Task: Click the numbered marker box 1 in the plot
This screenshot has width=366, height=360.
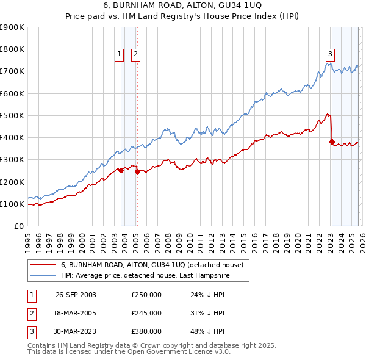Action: click(x=120, y=54)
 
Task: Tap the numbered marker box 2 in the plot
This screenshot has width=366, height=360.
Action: click(x=135, y=54)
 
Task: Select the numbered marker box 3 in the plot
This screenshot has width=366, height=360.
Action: click(x=330, y=54)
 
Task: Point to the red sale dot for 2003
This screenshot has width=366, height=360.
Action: click(x=121, y=171)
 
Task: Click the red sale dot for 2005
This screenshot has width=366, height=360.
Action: click(x=137, y=172)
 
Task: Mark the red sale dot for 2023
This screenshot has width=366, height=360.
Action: click(x=332, y=142)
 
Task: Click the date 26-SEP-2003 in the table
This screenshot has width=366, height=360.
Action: click(x=76, y=295)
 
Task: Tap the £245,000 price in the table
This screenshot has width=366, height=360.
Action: click(x=146, y=313)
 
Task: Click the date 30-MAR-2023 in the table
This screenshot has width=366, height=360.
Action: click(x=76, y=331)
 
